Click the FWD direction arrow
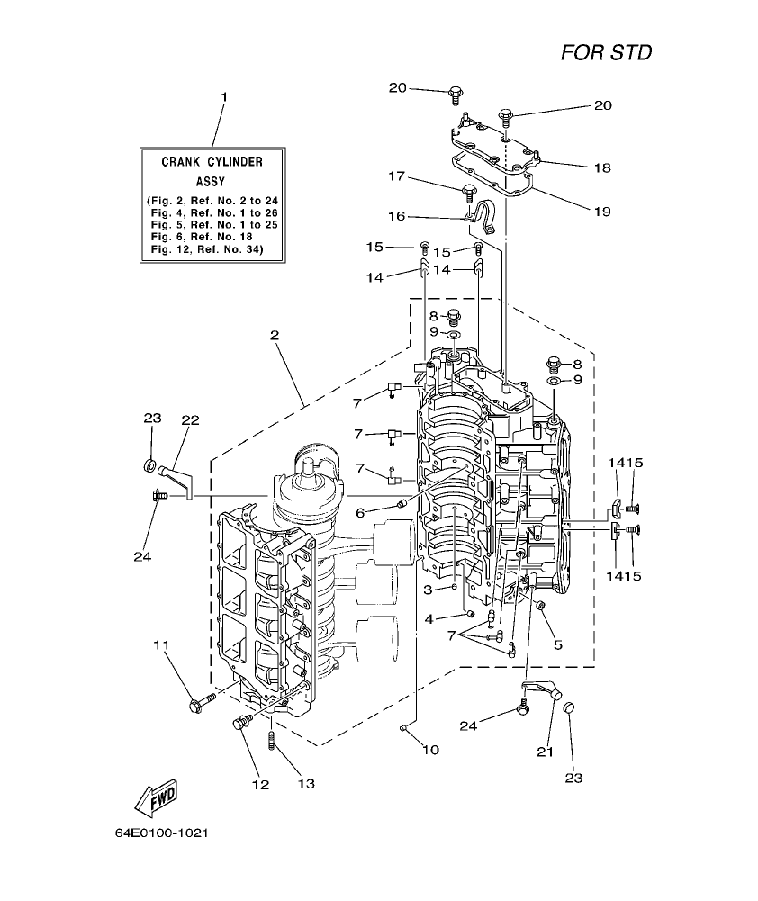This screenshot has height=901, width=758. pos(155,796)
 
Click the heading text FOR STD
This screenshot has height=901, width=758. pos(606,52)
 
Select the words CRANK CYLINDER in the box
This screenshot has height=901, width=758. pos(212,163)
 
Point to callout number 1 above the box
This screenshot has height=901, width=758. pos(224,96)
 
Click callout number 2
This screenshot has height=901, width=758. pos(274,336)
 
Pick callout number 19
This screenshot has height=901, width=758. pos(601,212)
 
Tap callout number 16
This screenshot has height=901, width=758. pos(398,216)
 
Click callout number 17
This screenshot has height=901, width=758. pos(398,176)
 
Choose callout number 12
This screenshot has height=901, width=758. pos(260,784)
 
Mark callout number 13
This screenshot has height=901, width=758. pos(306,784)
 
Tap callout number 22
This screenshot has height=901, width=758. pos(189,419)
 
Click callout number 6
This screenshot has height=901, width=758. pos(360,512)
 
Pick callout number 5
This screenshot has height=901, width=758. pos(558,644)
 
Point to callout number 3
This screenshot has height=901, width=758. pos(429,589)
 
